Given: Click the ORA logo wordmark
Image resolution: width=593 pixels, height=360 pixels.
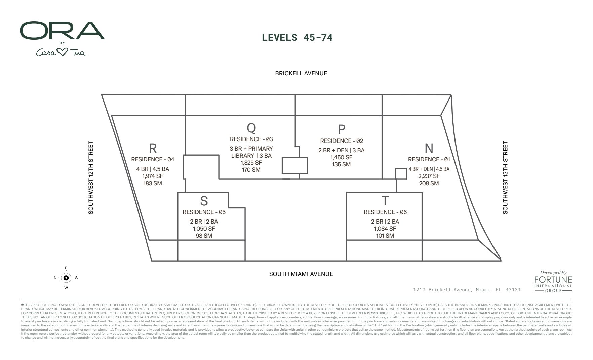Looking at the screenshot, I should pos(62,31).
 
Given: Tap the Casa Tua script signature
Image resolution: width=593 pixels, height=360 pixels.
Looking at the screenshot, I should pos(61,53).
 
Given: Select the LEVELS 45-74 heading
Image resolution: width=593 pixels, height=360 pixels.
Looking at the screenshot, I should pos(297,37).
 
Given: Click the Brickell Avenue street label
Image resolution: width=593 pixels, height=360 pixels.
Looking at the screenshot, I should pos(301,73).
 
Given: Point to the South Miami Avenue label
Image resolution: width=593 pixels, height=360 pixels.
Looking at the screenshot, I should pos(301,274).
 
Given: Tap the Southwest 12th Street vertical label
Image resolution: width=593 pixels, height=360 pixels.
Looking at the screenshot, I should pos(91,177).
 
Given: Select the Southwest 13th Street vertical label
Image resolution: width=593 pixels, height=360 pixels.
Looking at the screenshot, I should pos(505,177).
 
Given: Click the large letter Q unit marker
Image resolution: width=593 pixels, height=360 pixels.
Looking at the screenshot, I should pos(251,128).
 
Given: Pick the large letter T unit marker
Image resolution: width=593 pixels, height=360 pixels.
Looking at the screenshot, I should pos(385,201).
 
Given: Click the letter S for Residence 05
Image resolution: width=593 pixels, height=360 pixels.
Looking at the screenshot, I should pos(204,201).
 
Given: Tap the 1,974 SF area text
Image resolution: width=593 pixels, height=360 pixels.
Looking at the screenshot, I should pos(153,176).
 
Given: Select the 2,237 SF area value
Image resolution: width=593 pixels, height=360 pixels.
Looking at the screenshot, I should pos(429,176).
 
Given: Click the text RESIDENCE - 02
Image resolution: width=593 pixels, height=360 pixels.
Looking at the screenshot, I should pos(341,141).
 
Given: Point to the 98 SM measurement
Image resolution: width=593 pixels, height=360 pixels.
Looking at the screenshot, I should pos(204,236).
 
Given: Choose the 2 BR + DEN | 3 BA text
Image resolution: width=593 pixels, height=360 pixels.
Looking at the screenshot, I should pos(341,150).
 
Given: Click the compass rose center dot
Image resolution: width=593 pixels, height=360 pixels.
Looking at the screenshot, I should pos(66,278).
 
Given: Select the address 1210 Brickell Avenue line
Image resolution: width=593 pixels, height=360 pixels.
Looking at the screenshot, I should pos(467,290).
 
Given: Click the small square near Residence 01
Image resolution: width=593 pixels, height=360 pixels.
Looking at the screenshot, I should pos(400,173).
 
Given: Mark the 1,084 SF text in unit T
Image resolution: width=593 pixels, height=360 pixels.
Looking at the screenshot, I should pos(385,229).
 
